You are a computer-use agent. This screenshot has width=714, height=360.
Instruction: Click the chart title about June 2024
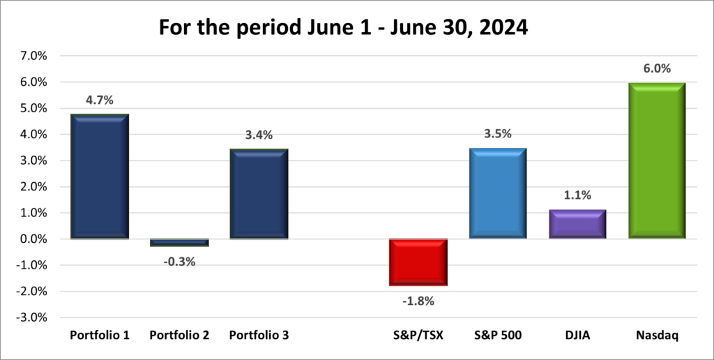pyautogui.click(x=357, y=28)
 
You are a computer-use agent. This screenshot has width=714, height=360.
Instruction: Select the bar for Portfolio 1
pyautogui.click(x=100, y=177)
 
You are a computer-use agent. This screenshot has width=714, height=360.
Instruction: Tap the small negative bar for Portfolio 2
pyautogui.click(x=179, y=242)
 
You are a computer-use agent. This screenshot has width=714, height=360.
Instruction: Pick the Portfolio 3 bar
pyautogui.click(x=259, y=194)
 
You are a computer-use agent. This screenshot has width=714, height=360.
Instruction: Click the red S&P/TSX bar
pyautogui.click(x=418, y=262)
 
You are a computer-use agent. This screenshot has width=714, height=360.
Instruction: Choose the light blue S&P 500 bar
pyautogui.click(x=498, y=193)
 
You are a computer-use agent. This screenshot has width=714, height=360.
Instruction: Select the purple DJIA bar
pyautogui.click(x=577, y=224)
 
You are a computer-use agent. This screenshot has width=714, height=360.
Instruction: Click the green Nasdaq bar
pyautogui.click(x=657, y=160)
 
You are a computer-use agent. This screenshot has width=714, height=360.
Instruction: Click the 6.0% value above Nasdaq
pyautogui.click(x=657, y=68)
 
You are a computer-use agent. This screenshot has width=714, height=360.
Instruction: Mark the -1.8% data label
pyautogui.click(x=418, y=301)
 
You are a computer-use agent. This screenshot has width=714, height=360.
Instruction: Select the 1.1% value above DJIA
pyautogui.click(x=577, y=195)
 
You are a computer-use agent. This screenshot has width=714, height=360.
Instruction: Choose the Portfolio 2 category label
pyautogui.click(x=179, y=336)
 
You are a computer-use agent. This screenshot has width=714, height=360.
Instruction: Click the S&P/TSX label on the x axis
pyautogui.click(x=418, y=336)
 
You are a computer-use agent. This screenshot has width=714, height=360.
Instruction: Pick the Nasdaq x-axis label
pyautogui.click(x=657, y=336)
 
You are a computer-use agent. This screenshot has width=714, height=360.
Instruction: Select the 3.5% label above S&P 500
pyautogui.click(x=498, y=134)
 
